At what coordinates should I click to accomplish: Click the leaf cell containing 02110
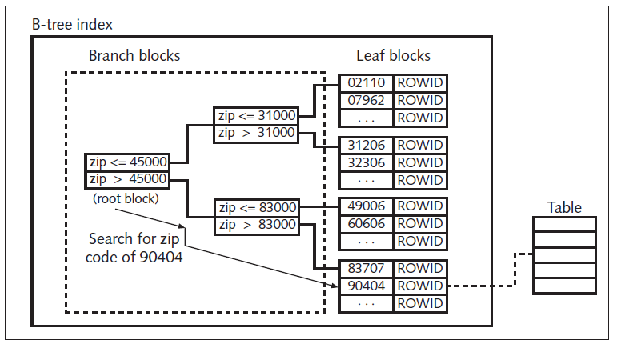point(367,83)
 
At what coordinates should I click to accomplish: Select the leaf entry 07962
point(367,101)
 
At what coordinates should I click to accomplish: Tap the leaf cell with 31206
point(367,145)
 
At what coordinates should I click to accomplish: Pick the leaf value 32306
point(367,162)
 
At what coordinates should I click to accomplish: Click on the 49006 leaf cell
point(367,206)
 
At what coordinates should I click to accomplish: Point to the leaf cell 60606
point(367,223)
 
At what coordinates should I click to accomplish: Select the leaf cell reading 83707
point(367,268)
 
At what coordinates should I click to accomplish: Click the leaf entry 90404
point(367,286)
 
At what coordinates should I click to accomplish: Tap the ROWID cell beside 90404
point(420,286)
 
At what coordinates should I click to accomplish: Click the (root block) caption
point(125,197)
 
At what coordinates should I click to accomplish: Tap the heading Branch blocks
point(134,56)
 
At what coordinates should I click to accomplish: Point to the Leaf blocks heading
point(393,56)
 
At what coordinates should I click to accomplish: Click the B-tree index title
point(73,25)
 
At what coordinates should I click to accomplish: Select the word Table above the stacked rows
point(564,207)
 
